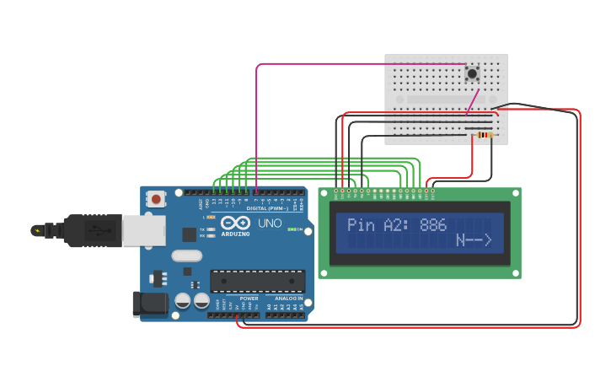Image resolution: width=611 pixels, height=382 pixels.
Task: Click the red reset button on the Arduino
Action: point(156,200)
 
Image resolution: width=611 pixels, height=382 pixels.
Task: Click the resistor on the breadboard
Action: point(484,135)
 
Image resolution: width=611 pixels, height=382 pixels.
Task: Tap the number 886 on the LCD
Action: point(433,225)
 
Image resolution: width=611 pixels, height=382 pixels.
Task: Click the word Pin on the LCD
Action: point(361,225)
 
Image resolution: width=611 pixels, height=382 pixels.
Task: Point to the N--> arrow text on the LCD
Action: point(474,241)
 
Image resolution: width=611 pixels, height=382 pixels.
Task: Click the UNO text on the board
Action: point(270,223)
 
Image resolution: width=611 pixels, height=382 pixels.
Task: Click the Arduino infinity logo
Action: point(236,223)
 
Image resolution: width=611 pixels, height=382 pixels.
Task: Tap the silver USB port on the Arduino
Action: point(143,230)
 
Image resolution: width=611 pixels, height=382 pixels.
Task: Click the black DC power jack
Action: point(150,304)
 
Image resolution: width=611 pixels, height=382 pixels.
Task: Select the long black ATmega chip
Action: point(257,282)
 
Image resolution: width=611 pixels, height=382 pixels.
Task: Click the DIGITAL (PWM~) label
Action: point(267,208)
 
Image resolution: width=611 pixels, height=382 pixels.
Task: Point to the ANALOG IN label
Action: point(287,298)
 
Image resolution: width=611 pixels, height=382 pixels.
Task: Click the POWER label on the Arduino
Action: point(249,298)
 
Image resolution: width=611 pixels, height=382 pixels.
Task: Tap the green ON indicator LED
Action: point(291,229)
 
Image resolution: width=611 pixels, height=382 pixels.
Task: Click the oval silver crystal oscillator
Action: point(187,256)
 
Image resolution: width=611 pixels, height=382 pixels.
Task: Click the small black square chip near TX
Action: point(190,234)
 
